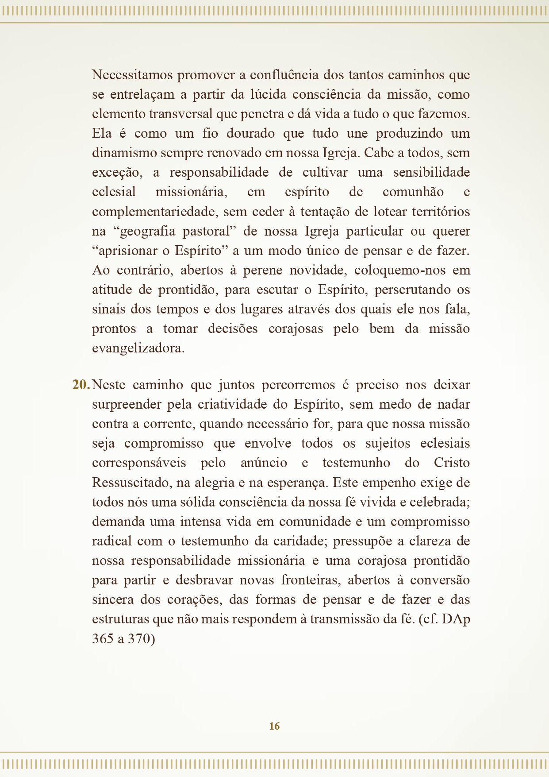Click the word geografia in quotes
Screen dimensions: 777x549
[148, 232]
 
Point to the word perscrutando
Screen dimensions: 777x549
[411, 290]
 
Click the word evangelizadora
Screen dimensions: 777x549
[138, 348]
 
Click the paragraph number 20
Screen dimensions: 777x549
[81, 385]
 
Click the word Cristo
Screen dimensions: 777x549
[452, 463]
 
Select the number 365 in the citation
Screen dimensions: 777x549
[103, 639]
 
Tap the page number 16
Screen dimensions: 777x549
[274, 726]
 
